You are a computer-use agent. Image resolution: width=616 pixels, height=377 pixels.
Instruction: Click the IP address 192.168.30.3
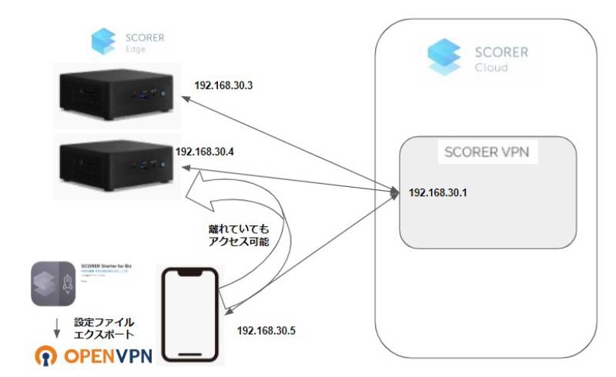point(225,87)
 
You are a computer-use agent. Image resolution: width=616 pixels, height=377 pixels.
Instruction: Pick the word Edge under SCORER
point(136,48)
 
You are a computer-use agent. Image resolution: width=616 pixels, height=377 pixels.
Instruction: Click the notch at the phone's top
point(189,271)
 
